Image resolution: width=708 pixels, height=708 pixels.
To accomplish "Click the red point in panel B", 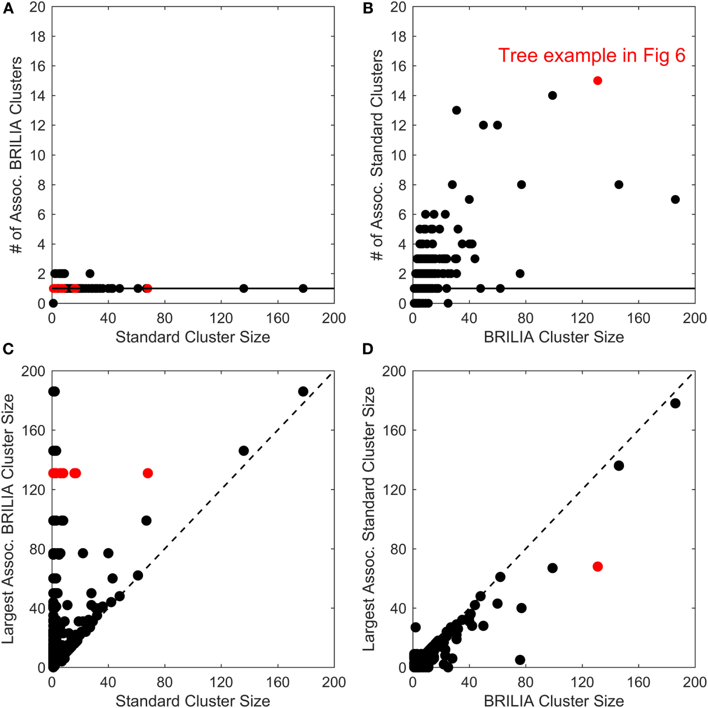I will pos(597,81).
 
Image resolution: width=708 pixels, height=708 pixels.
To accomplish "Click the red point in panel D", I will pos(597,566).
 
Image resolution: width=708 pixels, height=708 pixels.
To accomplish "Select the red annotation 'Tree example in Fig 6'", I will pos(591,56).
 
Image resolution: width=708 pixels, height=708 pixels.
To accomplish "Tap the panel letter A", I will pos(8,9).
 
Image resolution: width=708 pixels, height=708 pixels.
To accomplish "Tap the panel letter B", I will pos(368,9).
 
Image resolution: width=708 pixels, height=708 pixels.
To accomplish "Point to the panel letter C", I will pos(8,349).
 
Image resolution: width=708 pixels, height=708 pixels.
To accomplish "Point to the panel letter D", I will pos(368,349).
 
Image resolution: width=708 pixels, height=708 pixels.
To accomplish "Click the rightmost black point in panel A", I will pos(303,289).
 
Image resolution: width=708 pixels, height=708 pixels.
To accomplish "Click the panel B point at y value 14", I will pos(552,95).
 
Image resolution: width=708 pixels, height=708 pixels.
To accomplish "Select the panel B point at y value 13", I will pos(457,110).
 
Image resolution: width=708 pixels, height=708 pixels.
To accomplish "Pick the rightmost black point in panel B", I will pos(675,200).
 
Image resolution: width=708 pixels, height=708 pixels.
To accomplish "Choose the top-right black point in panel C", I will pos(303,391).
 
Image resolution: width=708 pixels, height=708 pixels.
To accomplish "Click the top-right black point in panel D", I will pos(675,403).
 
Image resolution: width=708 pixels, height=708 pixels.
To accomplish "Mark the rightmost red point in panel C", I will pos(148,473).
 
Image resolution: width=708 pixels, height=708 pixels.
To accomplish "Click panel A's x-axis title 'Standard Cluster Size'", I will pos(193,337).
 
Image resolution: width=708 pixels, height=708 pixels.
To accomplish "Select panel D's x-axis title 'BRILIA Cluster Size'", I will pos(553,701).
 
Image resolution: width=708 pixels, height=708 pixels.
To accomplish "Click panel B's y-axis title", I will pos(377,155).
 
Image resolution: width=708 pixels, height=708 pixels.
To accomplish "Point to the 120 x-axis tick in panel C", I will pos(221,682).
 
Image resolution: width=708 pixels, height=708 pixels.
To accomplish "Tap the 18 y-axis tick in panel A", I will pos(38,36).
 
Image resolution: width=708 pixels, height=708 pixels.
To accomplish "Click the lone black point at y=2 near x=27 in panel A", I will pos(90,274).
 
